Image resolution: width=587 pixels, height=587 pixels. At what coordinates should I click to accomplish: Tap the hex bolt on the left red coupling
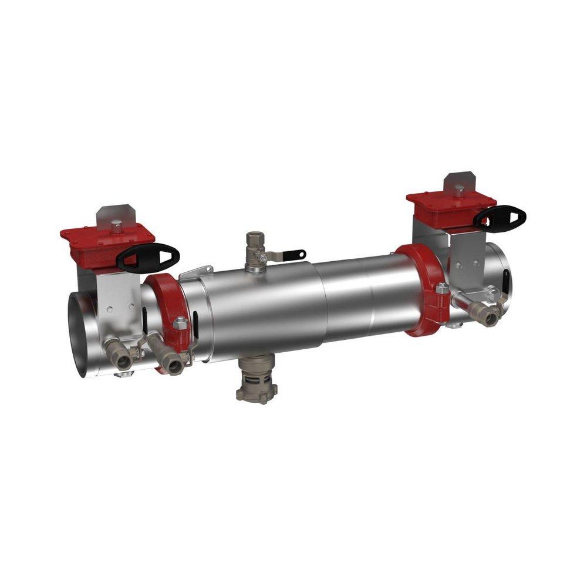[180, 323]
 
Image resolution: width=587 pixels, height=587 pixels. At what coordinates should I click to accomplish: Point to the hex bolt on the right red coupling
[441, 289]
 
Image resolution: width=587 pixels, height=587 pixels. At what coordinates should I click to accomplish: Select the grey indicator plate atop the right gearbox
[458, 182]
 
